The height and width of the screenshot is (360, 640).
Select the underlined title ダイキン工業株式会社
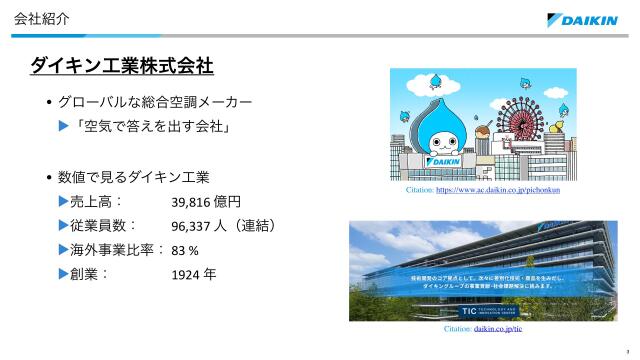point(122,66)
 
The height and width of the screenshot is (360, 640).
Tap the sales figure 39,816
point(193,202)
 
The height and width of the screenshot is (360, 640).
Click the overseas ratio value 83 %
point(185,250)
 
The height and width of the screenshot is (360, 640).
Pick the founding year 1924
point(187,274)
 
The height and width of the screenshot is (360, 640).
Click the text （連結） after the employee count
point(250,226)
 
